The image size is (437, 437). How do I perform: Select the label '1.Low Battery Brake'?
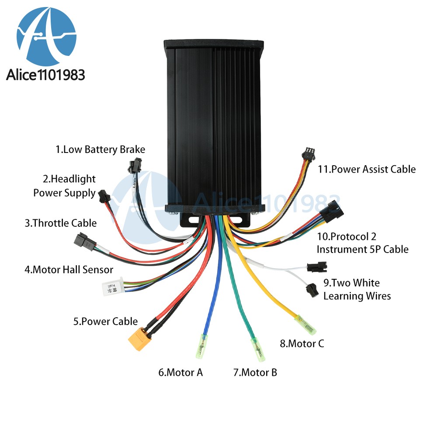[101, 149]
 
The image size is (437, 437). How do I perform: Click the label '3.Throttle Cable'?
[61, 223]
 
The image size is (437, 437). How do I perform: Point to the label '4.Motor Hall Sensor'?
[69, 270]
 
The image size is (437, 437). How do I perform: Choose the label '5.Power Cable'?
[106, 321]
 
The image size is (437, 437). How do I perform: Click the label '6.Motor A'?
[180, 372]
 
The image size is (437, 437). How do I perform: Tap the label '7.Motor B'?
[255, 372]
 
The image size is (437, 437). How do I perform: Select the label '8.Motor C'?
[302, 343]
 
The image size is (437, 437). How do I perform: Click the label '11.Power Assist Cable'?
[367, 169]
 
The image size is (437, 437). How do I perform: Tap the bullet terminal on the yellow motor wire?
[305, 325]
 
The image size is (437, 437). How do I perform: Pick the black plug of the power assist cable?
[308, 154]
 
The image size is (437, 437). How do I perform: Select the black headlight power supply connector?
[104, 196]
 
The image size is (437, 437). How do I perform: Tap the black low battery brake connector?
[135, 165]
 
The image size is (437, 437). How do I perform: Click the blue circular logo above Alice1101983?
[47, 36]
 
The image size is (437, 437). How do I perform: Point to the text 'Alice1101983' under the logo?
[45, 75]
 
